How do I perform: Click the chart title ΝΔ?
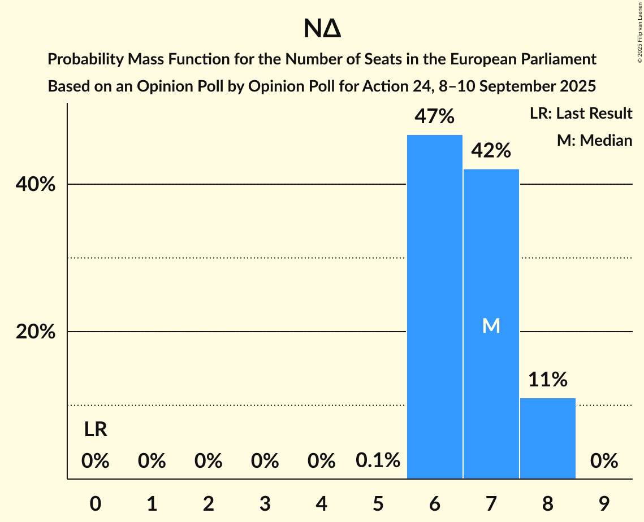point(322,29)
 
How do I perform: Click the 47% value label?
point(434,117)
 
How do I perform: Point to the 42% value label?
point(491,151)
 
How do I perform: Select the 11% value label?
point(548,380)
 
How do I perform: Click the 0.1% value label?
point(378,461)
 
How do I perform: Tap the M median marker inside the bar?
point(491,325)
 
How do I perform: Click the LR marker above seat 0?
point(96,430)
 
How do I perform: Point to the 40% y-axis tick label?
point(36,185)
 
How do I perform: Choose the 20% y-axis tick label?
point(36,332)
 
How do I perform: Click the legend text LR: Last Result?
point(581,114)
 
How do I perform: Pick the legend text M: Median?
point(594,140)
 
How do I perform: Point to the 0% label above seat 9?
point(604,461)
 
